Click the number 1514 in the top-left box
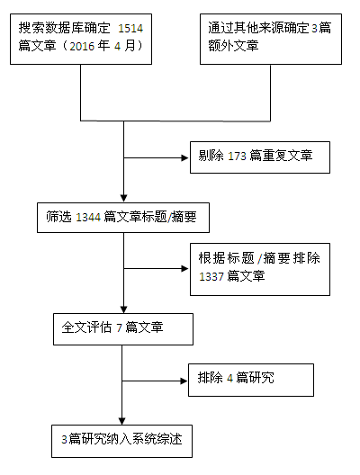pyautogui.click(x=130, y=29)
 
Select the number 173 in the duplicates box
pyautogui.click(x=237, y=157)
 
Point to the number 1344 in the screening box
pyautogui.click(x=88, y=218)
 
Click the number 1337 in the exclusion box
pyautogui.click(x=211, y=276)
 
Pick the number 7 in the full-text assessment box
pyautogui.click(x=119, y=327)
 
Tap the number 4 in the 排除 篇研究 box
pyautogui.click(x=229, y=378)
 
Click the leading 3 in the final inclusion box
pyautogui.click(x=64, y=440)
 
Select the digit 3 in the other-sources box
pyautogui.click(x=314, y=29)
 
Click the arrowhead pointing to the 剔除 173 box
pyautogui.click(x=184, y=157)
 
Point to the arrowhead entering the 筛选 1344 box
pyautogui.click(x=123, y=198)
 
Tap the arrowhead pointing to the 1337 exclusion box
pyautogui.click(x=184, y=269)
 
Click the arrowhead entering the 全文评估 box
pyautogui.click(x=123, y=309)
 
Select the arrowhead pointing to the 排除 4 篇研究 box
pyautogui.click(x=184, y=381)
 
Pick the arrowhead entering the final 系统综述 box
pyautogui.click(x=121, y=421)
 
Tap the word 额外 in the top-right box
pyautogui.click(x=220, y=46)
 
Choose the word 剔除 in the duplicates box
pyautogui.click(x=211, y=156)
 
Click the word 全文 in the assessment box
pyautogui.click(x=74, y=327)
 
